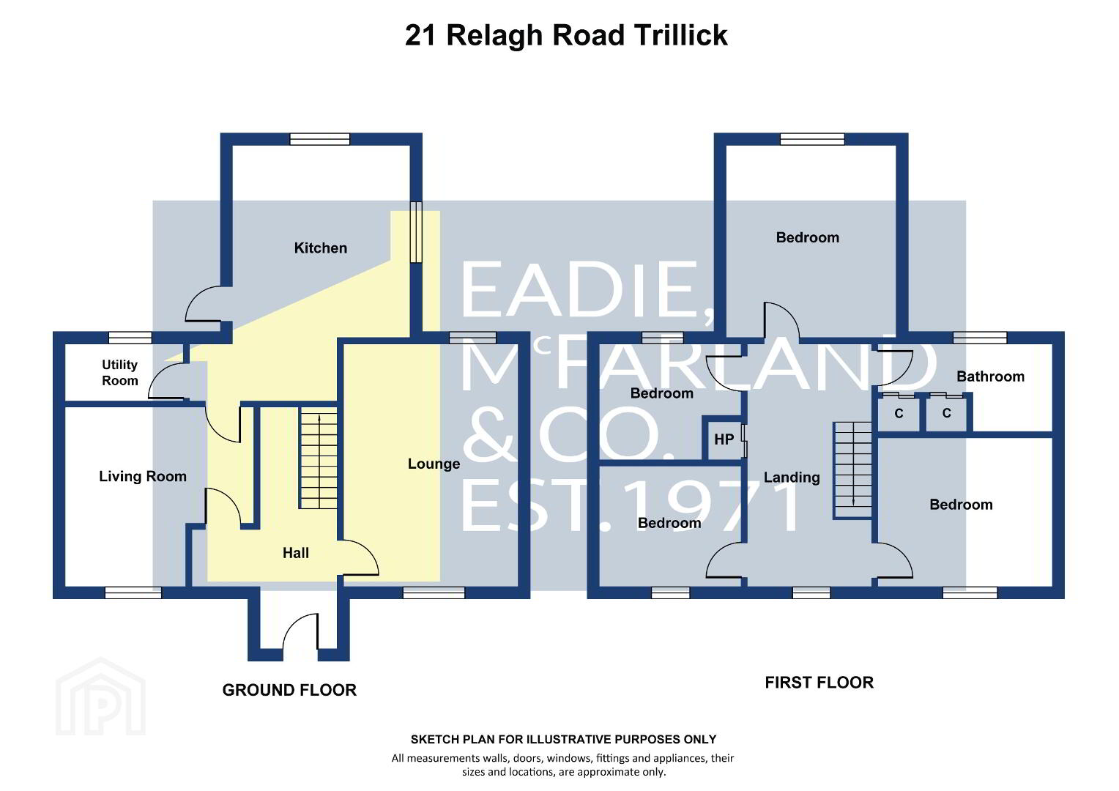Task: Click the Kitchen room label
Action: tap(320, 248)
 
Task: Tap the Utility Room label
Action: tap(120, 373)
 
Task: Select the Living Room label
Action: tap(143, 476)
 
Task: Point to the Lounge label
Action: tap(434, 464)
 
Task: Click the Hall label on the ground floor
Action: tap(296, 553)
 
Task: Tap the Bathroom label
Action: tap(990, 376)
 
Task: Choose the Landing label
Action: tap(792, 478)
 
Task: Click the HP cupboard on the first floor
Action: tap(724, 439)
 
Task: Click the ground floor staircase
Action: tap(319, 458)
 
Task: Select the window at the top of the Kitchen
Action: tap(320, 139)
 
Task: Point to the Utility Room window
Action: tap(130, 338)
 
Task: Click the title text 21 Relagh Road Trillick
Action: tap(566, 35)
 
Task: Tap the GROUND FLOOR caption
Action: tap(289, 690)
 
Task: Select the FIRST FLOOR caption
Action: tap(819, 683)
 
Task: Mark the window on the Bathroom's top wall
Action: tap(980, 338)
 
